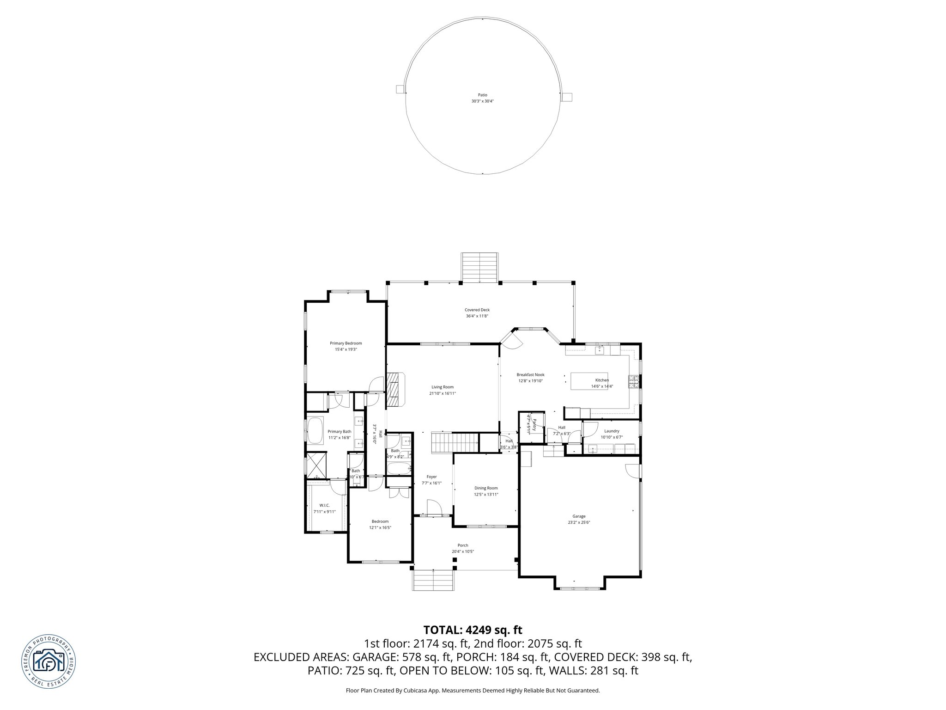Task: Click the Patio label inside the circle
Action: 482,95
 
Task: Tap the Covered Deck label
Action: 477,310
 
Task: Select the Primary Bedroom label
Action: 346,343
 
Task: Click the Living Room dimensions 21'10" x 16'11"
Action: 443,393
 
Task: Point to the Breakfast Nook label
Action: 530,375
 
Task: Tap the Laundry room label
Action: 612,431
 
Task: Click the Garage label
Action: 579,516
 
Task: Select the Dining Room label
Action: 486,488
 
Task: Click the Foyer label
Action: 431,477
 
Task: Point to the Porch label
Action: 463,545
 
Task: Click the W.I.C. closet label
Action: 324,505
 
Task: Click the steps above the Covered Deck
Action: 479,267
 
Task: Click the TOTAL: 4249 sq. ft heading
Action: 473,630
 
